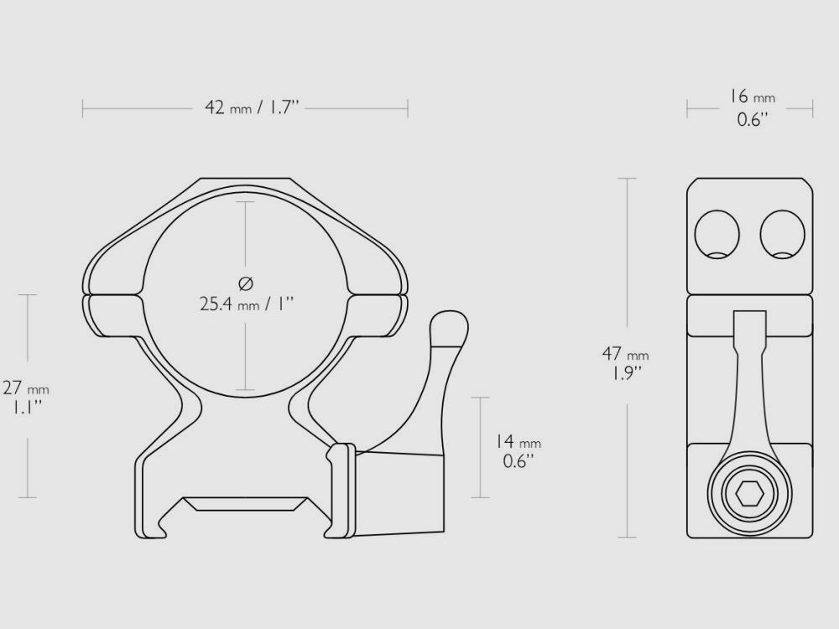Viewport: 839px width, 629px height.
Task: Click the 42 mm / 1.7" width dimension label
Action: (x=252, y=108)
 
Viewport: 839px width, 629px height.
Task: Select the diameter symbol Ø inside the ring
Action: (x=246, y=283)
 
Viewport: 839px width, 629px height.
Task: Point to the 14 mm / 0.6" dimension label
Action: (x=517, y=451)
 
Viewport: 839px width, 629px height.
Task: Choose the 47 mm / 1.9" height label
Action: (x=625, y=361)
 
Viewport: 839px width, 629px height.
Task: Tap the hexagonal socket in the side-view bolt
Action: (x=749, y=496)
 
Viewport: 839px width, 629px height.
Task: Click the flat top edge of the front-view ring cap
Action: (x=244, y=179)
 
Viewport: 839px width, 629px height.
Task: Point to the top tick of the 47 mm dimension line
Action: (x=626, y=179)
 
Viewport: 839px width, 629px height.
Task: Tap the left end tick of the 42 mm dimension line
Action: (x=83, y=108)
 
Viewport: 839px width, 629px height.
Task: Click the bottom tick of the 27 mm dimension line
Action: (x=28, y=497)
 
